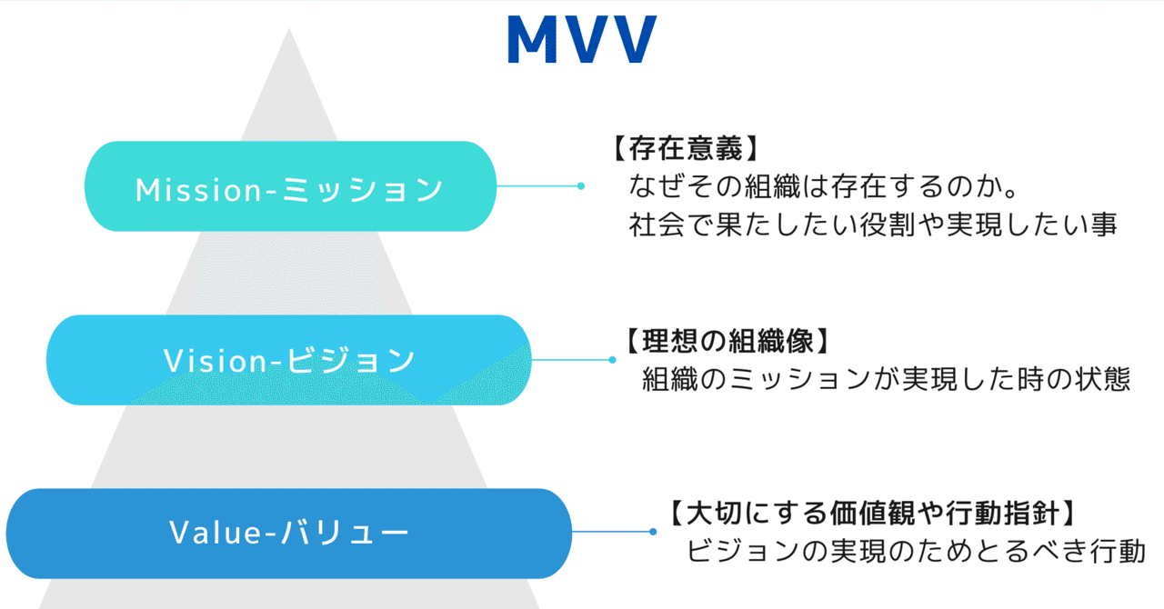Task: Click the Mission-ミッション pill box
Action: (290, 186)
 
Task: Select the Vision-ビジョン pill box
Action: (288, 360)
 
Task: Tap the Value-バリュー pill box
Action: (288, 534)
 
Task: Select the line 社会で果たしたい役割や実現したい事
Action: (872, 225)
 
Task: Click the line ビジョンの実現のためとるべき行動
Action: (916, 551)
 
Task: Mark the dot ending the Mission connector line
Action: (580, 186)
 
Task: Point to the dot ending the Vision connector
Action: (612, 360)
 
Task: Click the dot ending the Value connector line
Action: (653, 532)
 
